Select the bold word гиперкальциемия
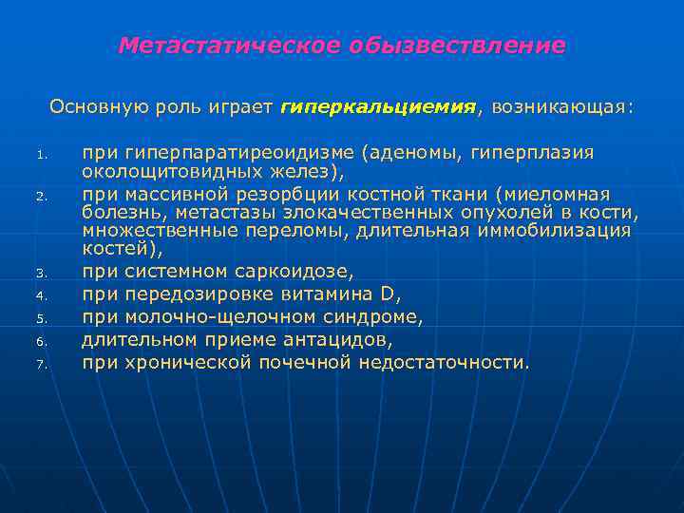379,106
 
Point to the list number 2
41,197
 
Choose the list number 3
41,274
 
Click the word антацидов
339,339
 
